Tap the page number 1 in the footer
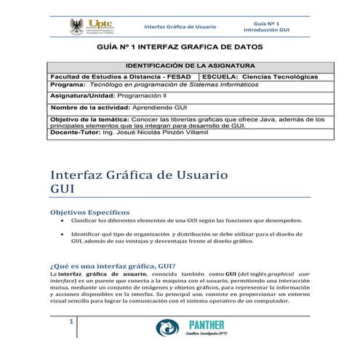click(x=71, y=322)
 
